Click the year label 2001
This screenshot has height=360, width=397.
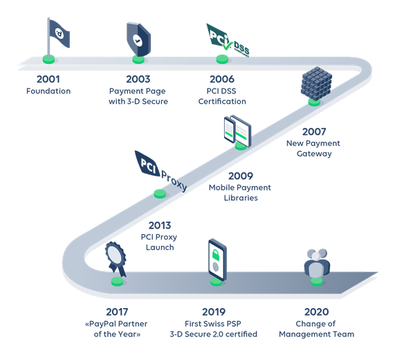click(48, 79)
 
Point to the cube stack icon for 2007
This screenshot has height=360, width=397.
click(315, 84)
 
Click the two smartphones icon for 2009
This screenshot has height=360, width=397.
click(237, 129)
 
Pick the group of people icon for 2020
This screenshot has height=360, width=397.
click(316, 262)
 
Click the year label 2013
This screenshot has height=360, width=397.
click(160, 226)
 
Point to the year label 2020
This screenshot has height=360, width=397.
click(316, 312)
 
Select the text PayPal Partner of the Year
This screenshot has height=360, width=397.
click(117, 329)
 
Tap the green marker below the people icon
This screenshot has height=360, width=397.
click(316, 281)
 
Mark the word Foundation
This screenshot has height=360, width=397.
click(48, 91)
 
